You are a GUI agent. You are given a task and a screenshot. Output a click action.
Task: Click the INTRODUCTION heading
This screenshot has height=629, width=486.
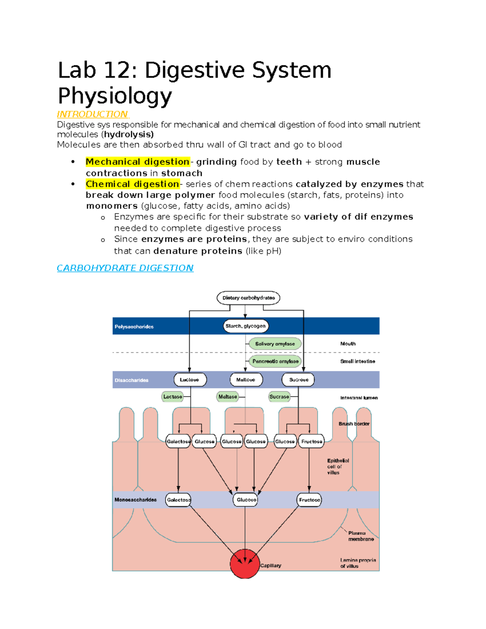point(92,114)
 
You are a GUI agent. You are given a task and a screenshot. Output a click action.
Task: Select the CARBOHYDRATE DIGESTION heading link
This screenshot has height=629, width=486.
point(125,268)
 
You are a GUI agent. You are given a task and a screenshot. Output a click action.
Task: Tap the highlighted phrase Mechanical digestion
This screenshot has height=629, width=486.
point(137,162)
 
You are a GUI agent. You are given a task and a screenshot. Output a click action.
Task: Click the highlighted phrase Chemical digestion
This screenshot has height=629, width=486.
point(132,184)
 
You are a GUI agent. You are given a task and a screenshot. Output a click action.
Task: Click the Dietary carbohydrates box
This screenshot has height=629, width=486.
point(248,298)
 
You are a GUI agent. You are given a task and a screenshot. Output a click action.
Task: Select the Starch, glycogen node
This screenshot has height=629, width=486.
point(245,326)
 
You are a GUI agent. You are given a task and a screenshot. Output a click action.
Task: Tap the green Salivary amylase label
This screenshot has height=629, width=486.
point(275,344)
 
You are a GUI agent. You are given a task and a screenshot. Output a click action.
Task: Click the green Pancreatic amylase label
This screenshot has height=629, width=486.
point(275,361)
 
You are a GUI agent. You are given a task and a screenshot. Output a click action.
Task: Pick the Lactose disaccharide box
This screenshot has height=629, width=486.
point(190,380)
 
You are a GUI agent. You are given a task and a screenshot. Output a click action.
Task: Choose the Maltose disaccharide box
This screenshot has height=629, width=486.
point(246,380)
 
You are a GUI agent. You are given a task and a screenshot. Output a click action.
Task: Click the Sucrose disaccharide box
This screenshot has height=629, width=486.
point(298,380)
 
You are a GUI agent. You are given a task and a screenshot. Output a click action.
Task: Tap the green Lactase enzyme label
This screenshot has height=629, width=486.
point(173,397)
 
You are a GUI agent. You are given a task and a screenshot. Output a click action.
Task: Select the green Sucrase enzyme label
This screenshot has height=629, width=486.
point(279,397)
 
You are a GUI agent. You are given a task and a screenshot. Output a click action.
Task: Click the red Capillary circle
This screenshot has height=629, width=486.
point(245,564)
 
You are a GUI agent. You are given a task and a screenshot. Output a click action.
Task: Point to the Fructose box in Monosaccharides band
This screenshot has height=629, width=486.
point(309,500)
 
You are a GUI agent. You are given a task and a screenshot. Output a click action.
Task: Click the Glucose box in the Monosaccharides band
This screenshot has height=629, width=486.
point(246,500)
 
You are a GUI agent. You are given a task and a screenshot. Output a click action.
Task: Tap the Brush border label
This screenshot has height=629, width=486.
point(354,424)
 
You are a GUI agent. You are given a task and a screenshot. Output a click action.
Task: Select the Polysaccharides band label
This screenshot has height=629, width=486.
point(134,327)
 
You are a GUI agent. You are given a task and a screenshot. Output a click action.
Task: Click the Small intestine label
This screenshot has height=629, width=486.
point(358,361)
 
